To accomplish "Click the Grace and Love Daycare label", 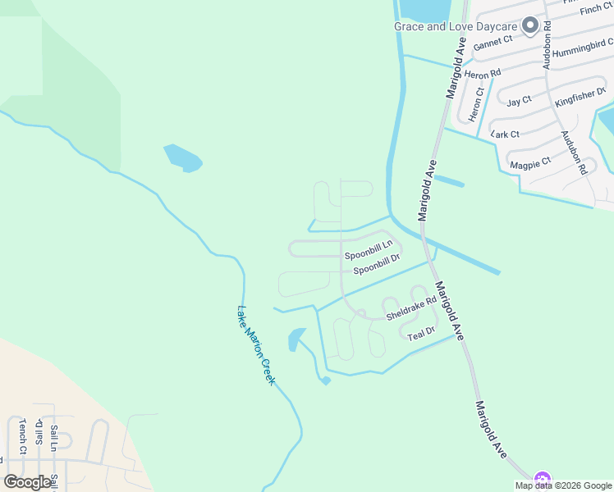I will (x=456, y=26).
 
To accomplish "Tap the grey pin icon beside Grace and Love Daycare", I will (x=530, y=25).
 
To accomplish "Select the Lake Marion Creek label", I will (x=256, y=346).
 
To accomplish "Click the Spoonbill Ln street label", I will (x=369, y=244).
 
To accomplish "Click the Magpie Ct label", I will (x=530, y=165).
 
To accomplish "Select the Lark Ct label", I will (x=505, y=134).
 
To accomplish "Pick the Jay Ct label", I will (x=519, y=101).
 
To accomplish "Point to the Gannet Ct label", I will (x=493, y=39).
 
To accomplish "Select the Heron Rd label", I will (x=483, y=74).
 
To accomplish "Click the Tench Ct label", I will (x=23, y=436).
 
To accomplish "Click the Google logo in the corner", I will (x=26, y=482).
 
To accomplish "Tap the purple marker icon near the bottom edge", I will (x=541, y=480).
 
